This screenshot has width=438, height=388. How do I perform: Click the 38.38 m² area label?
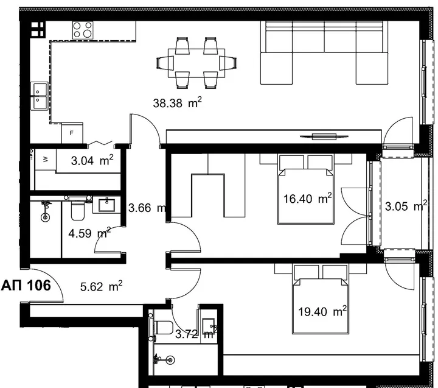tap(177, 103)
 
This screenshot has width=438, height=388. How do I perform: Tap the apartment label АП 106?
tap(26, 285)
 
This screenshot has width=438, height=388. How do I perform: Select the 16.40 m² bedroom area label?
tap(307, 199)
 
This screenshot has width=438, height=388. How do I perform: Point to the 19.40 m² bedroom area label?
tap(322, 311)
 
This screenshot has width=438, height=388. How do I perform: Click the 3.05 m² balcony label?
tap(406, 206)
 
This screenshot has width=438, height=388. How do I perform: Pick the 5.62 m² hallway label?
tap(101, 286)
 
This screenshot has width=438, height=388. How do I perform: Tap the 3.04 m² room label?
tap(92, 160)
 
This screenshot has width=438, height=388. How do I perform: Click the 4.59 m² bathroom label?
tap(89, 233)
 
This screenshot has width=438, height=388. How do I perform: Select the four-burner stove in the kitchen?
tap(83, 30)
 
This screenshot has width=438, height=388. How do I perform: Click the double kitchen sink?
tap(39, 96)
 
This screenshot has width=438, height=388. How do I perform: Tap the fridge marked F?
tap(72, 133)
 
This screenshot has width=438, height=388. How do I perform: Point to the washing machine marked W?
tap(45, 159)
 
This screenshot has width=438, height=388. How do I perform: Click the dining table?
tap(196, 63)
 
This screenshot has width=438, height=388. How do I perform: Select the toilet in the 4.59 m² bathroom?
tap(77, 209)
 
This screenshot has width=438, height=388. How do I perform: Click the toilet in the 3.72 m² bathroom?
tap(162, 328)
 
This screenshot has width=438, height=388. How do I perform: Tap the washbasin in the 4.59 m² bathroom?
tap(106, 205)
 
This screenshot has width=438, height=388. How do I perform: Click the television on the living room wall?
tap(324, 136)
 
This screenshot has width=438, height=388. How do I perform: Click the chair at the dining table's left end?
tap(165, 63)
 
